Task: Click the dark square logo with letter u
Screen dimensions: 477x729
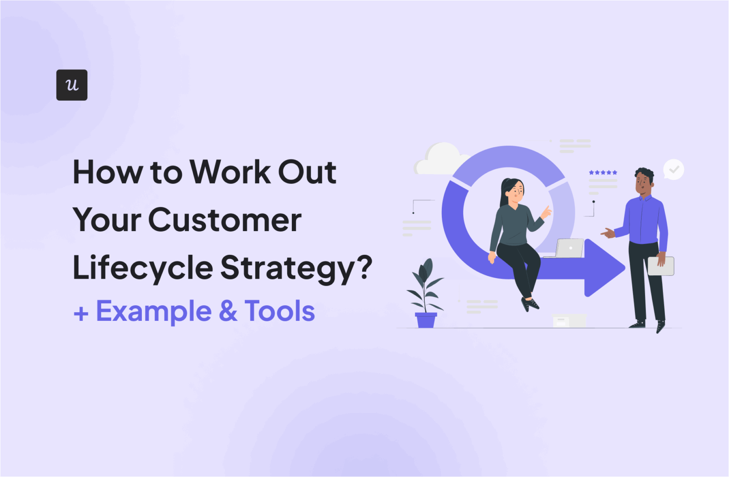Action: coord(72,85)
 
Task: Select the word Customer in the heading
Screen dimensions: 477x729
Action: coord(225,220)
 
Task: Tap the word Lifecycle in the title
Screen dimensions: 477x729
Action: coord(142,268)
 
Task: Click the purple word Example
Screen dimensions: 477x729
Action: coord(154,311)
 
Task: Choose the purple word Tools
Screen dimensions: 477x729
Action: coord(280,311)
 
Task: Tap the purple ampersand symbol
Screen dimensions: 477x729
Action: coord(228,311)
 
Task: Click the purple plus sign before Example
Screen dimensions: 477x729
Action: coord(81,314)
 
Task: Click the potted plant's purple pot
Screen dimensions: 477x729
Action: coord(426,320)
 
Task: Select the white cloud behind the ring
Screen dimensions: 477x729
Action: coord(439,159)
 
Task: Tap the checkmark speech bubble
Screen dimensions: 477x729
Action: coord(673,169)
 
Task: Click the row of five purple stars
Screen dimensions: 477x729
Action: coord(603,172)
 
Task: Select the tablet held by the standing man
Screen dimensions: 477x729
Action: coord(661,266)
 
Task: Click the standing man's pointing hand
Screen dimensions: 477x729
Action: coord(607,233)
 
